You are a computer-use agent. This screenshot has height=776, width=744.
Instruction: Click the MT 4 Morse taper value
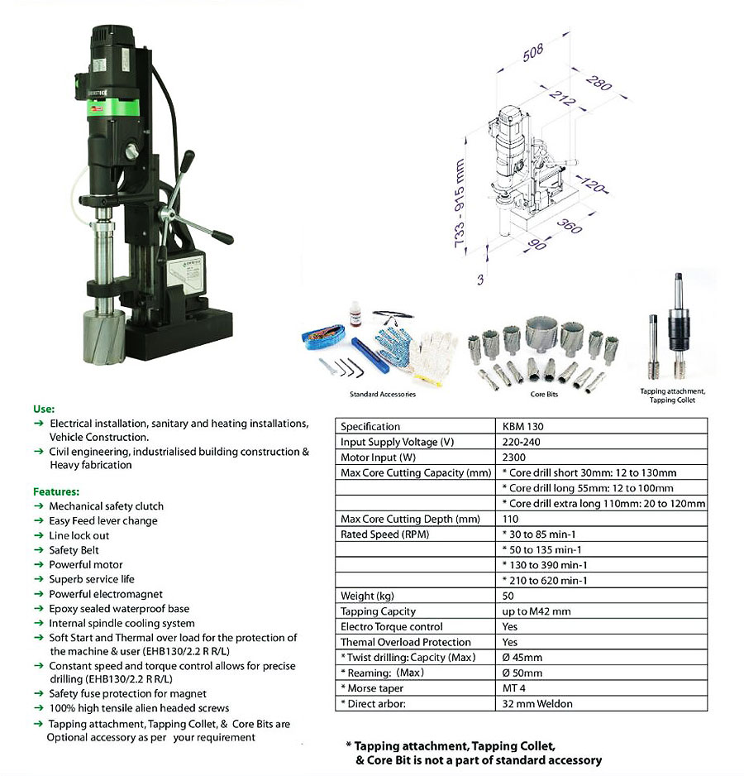(513, 688)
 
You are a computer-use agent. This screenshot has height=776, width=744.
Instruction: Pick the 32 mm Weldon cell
(537, 704)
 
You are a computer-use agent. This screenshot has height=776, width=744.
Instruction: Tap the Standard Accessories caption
(382, 395)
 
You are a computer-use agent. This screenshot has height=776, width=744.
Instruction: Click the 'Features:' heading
(55, 491)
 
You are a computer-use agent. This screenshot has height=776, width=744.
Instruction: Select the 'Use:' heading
(43, 409)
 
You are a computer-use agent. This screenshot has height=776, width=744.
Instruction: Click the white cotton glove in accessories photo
(433, 355)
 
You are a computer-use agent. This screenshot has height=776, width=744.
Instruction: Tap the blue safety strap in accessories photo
(327, 336)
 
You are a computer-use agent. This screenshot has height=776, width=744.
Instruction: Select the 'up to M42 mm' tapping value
(536, 611)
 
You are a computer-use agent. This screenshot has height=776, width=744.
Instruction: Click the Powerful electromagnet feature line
(105, 594)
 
